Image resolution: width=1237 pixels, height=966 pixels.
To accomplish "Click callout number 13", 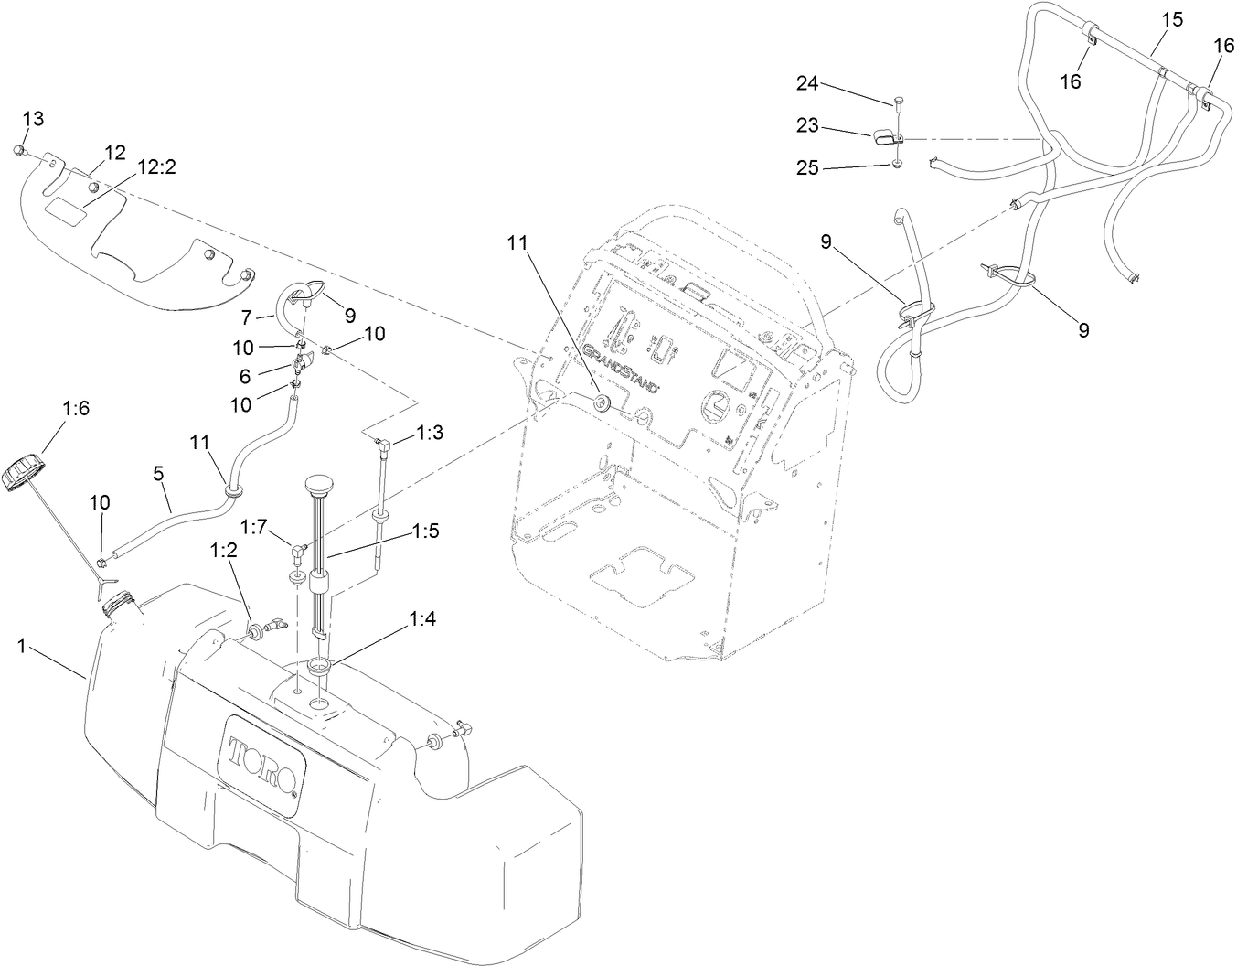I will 33,119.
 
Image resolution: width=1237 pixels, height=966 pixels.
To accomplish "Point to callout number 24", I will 806,83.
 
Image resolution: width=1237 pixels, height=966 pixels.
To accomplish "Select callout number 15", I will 1172,18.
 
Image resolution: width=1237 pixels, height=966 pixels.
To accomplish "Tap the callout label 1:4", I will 423,618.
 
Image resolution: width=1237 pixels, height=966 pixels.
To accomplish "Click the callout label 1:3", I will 430,433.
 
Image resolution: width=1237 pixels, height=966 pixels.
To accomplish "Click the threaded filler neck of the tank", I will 120,604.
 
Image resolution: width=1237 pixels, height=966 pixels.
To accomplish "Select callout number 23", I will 806,126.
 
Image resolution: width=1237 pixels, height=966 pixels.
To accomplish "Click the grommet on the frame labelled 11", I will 602,403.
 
